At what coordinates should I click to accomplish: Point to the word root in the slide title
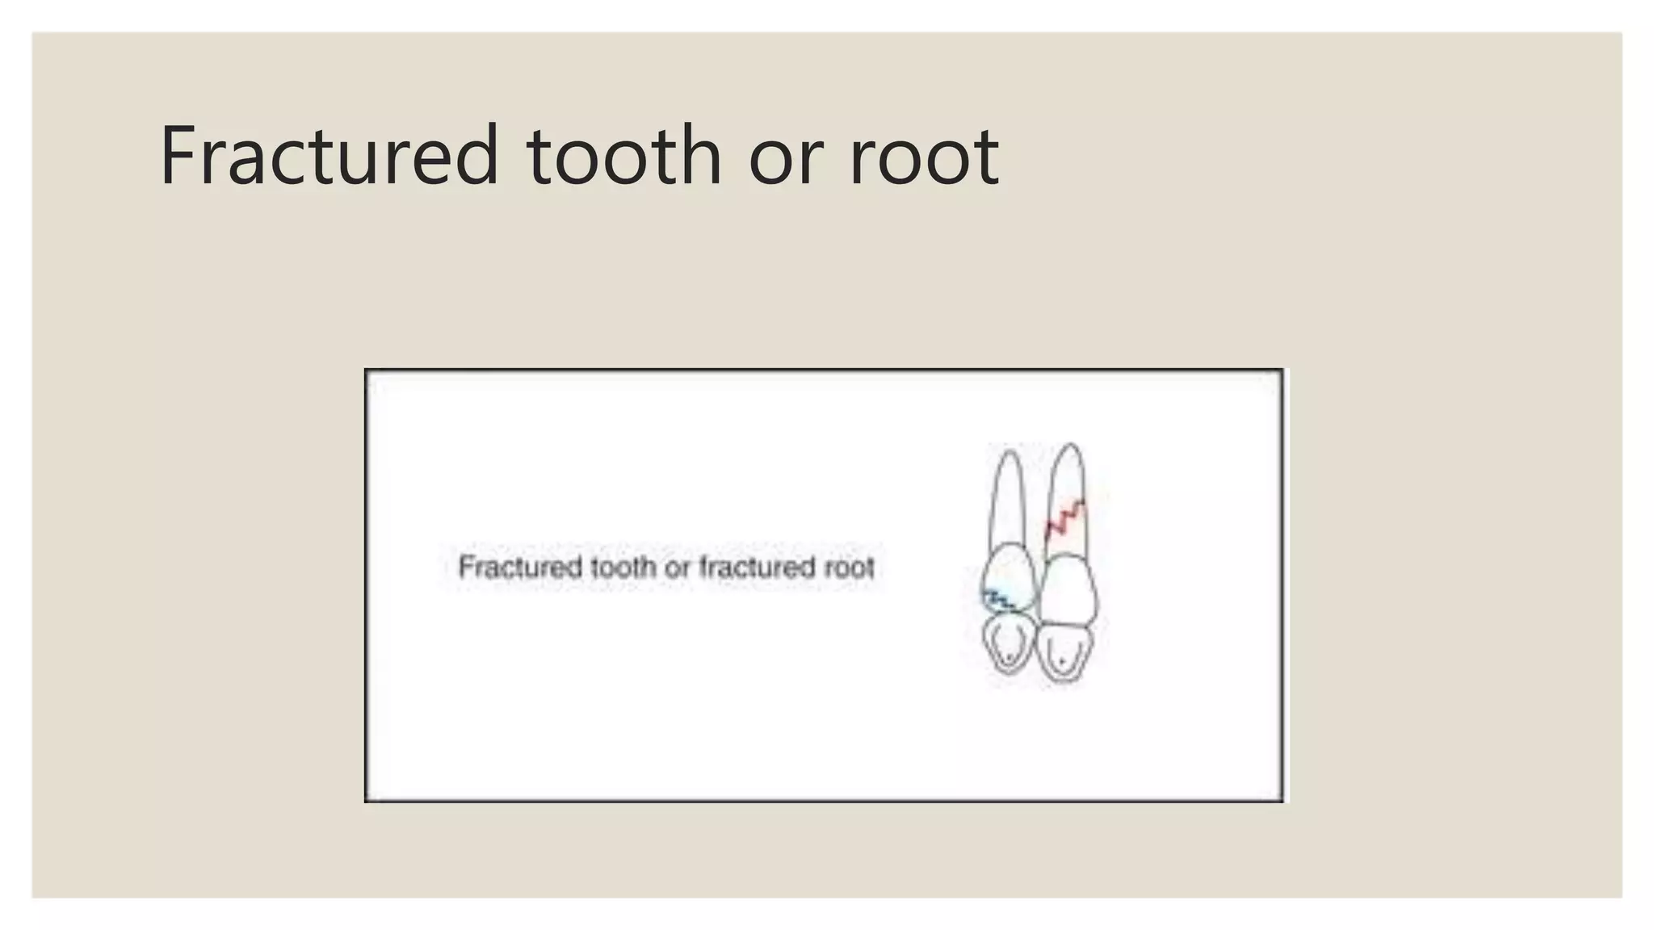(924, 157)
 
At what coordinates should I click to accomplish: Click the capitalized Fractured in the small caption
(519, 567)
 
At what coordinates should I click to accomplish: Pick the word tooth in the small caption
(623, 567)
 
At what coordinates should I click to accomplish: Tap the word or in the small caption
(677, 568)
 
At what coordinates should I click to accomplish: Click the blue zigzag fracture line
(999, 599)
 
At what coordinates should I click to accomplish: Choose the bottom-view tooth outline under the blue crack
(1008, 643)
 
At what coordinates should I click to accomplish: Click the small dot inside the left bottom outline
(1009, 659)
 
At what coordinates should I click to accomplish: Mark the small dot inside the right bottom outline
(1063, 662)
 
